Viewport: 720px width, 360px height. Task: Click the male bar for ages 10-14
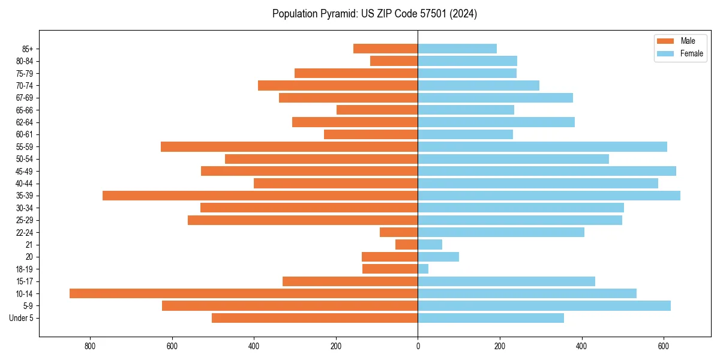tap(243, 293)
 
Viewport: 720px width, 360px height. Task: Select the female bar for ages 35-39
tap(548, 196)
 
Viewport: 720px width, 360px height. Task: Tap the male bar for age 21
tap(406, 244)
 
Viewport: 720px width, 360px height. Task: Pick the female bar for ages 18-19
tap(423, 269)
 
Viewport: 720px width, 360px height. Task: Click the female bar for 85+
tap(457, 49)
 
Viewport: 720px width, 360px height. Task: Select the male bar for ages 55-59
tap(289, 146)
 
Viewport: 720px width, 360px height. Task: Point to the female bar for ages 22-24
tap(500, 232)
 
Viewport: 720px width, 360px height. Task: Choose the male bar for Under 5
tap(314, 318)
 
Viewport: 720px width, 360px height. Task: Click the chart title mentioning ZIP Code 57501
tap(374, 14)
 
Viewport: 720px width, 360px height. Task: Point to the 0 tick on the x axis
tap(418, 346)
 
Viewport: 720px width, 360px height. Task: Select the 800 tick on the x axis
tap(90, 346)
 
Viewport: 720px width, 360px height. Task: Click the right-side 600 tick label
tap(664, 346)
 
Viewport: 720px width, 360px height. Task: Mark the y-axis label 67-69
tap(25, 98)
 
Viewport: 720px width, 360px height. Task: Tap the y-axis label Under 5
tap(22, 318)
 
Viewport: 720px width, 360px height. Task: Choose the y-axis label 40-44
tap(25, 184)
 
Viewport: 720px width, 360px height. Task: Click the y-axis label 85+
tap(27, 49)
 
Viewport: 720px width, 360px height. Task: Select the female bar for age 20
tap(438, 257)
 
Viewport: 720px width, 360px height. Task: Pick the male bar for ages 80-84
tap(394, 61)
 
